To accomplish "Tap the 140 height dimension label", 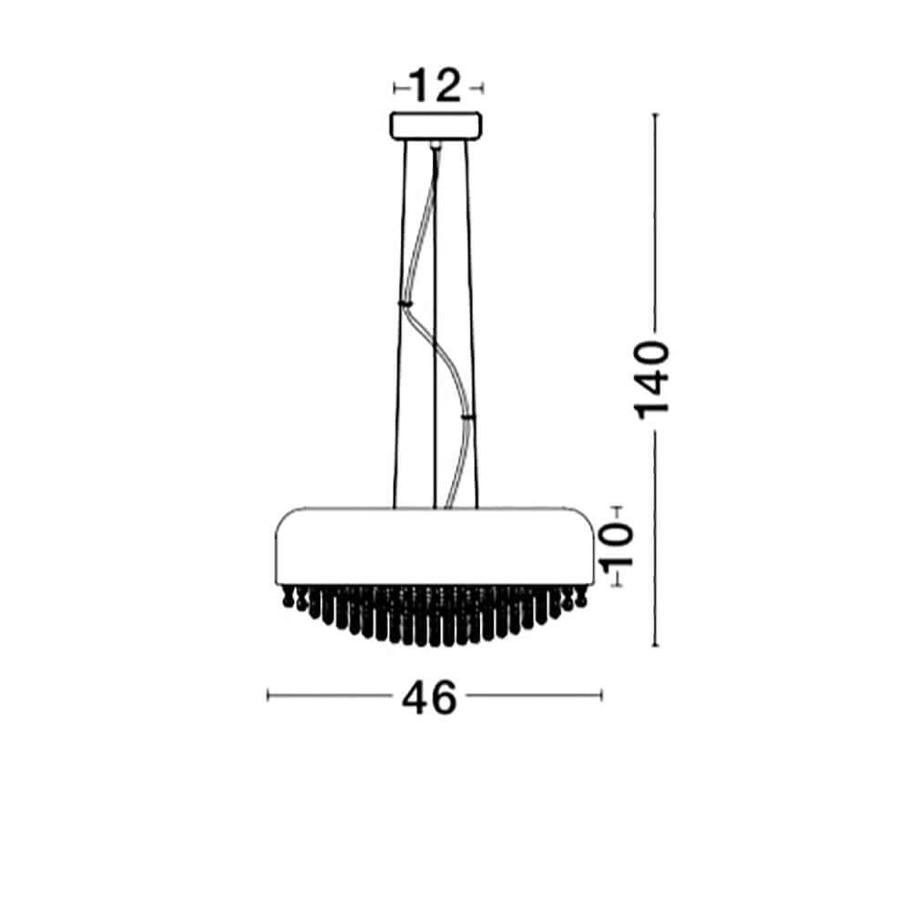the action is [652, 381].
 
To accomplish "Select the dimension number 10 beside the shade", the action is [617, 546].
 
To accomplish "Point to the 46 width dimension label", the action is [430, 698].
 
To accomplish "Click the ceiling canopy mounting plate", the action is [435, 126].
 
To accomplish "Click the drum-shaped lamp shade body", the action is [435, 546].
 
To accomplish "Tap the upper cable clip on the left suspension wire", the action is [405, 302].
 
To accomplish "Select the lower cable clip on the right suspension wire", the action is [467, 416].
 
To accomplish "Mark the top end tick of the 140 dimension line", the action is [655, 115].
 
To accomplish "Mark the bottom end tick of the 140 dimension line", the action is [655, 645].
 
